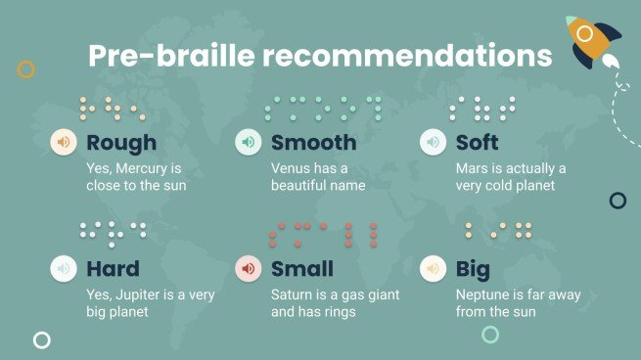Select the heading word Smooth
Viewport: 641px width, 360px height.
pos(313,143)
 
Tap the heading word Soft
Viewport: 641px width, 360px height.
pos(478,143)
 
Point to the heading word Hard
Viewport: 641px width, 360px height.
pos(113,268)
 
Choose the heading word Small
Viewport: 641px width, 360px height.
pos(302,268)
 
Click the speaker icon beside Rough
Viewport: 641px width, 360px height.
pos(64,143)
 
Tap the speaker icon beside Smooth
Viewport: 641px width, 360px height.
pos(249,143)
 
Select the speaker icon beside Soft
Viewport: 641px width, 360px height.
pos(433,143)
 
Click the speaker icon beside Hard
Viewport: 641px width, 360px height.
pos(64,268)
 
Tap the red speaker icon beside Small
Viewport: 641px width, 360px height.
pos(249,268)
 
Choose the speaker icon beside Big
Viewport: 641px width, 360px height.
pos(433,268)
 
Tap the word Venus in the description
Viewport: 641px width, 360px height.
pos(291,168)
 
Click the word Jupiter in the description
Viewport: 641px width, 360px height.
pos(140,294)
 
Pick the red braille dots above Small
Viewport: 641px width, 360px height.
pos(323,235)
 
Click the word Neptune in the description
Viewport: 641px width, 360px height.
pos(484,294)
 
